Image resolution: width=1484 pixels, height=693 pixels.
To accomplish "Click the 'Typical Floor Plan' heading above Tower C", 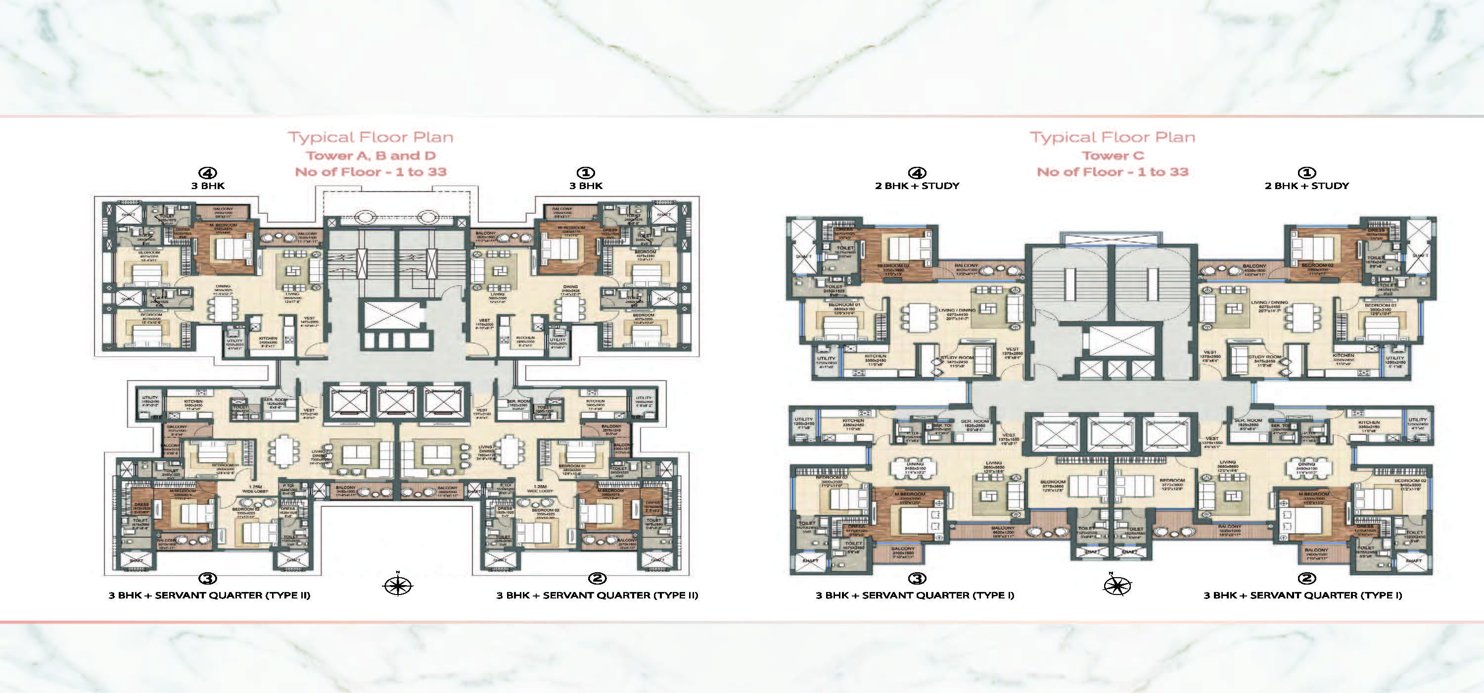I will [x=1113, y=137].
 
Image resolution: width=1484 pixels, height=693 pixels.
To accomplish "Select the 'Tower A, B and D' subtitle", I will [x=371, y=155].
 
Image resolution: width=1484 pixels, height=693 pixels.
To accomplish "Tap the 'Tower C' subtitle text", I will [x=1113, y=155].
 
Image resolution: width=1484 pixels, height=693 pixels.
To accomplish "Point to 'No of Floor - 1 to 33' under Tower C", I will [x=1113, y=172].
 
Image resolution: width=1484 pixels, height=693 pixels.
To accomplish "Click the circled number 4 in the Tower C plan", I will [x=917, y=173].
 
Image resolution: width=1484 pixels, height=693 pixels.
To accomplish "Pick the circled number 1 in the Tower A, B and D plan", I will [x=585, y=173].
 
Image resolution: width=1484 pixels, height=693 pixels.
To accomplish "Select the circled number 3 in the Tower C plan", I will [x=917, y=578].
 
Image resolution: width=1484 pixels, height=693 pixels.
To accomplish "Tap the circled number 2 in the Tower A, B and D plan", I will [x=598, y=578].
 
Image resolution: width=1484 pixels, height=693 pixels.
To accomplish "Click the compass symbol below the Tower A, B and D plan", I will [x=398, y=586].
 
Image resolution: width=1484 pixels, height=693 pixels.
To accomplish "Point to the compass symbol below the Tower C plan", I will [x=1116, y=586].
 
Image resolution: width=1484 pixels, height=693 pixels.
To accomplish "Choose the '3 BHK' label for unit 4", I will [x=208, y=186].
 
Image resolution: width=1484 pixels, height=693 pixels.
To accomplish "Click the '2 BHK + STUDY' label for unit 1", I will [x=1306, y=186].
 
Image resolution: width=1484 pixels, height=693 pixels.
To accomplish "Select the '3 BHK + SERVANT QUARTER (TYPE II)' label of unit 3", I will [x=209, y=595].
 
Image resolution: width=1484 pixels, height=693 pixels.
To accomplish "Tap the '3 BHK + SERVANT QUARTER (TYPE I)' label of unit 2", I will [x=1302, y=595].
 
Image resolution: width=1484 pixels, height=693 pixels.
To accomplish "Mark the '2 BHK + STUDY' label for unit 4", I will [x=917, y=186].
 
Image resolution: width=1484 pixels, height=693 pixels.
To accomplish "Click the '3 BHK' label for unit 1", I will [x=586, y=186].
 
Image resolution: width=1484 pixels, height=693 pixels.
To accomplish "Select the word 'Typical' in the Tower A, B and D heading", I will [x=321, y=137].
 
